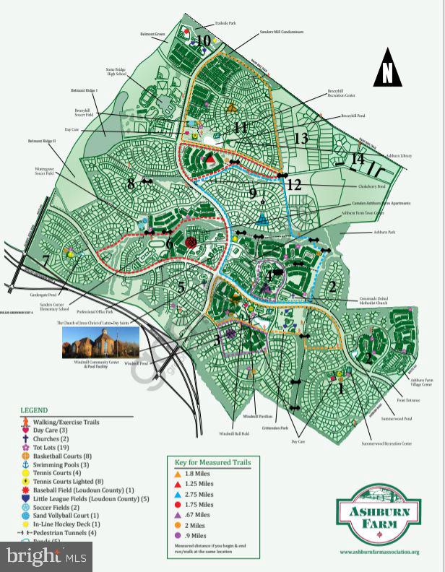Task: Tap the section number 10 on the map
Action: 204,41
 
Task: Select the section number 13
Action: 301,138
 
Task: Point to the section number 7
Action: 47,260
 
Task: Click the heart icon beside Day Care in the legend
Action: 26,430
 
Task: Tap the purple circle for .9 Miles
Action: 178,536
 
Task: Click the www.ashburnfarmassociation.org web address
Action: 379,552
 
